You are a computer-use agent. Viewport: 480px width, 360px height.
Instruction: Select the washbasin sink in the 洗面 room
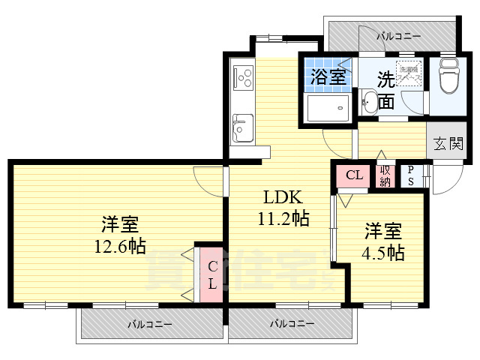(x=369, y=102)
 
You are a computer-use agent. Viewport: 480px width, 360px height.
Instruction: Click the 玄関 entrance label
(x=448, y=143)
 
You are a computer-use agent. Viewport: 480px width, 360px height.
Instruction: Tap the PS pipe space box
(x=411, y=176)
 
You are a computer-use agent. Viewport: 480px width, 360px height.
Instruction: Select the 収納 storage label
(x=385, y=176)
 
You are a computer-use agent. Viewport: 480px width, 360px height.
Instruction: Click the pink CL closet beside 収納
(x=355, y=176)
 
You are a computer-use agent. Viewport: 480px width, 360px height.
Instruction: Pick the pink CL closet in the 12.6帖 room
(x=211, y=274)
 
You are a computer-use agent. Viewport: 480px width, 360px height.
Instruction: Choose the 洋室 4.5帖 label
(x=385, y=241)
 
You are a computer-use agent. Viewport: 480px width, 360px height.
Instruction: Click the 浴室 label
(x=328, y=76)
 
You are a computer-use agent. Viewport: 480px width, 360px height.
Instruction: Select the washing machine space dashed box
(x=409, y=73)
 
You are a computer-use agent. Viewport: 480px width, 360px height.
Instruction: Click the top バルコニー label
(x=398, y=35)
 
